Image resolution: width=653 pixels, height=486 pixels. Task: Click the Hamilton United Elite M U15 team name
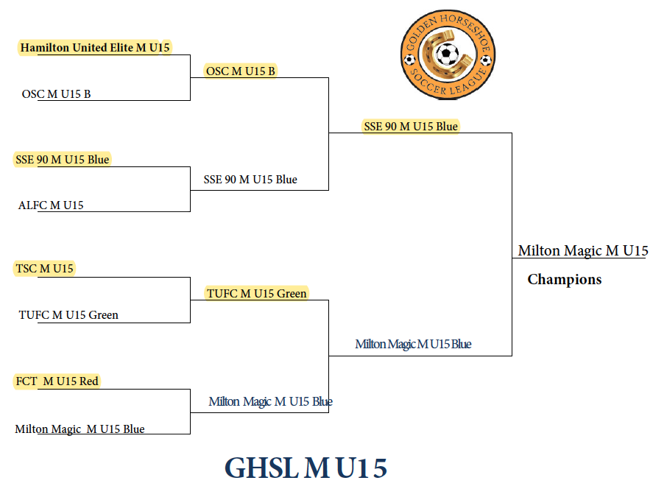[95, 48]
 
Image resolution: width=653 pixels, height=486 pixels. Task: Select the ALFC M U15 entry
[51, 205]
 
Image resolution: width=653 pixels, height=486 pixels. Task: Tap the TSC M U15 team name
[45, 269]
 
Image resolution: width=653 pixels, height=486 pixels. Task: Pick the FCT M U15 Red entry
[57, 381]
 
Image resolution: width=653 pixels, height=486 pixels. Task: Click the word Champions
[565, 280]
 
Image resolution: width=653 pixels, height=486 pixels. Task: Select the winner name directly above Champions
[582, 251]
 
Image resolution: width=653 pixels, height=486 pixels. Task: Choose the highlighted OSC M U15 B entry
[241, 71]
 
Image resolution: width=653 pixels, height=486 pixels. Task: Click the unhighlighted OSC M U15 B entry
[57, 94]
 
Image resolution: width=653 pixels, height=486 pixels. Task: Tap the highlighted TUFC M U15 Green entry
[257, 293]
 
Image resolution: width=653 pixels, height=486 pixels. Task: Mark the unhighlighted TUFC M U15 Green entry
[68, 315]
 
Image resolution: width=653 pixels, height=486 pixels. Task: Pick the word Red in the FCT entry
[89, 381]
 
